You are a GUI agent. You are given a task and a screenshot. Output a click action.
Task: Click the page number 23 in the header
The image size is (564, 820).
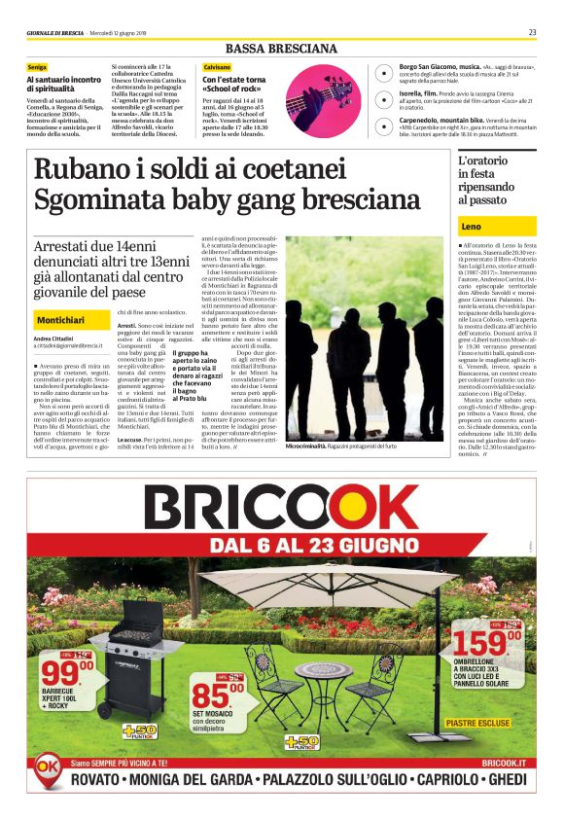[532, 32]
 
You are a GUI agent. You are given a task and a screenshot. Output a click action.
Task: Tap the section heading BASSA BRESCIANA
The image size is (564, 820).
[281, 49]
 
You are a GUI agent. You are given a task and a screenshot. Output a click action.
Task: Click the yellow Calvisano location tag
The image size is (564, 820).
[217, 66]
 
